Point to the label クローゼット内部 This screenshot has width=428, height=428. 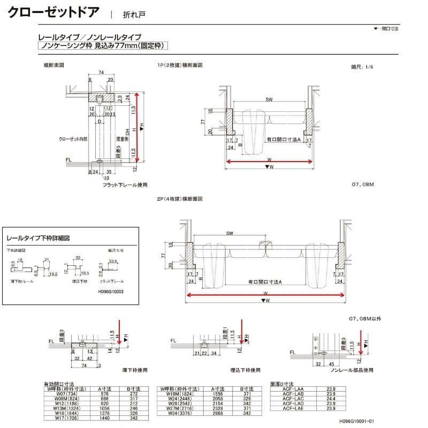(x=73, y=139)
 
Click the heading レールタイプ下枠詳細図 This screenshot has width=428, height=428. (x=38, y=238)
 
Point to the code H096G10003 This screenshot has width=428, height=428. (x=111, y=292)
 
